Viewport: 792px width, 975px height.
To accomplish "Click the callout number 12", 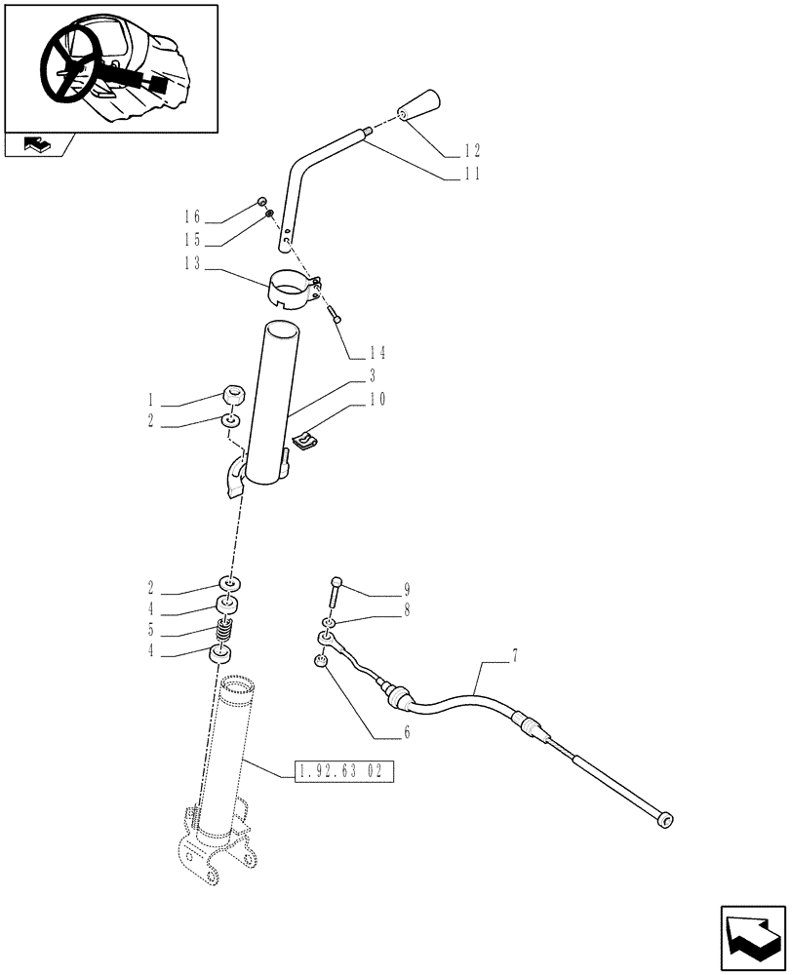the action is tap(471, 151).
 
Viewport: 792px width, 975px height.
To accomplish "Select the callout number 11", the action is tap(471, 175).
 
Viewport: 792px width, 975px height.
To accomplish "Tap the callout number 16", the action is tap(193, 216).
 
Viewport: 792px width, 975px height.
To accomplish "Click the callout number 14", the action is tap(377, 352).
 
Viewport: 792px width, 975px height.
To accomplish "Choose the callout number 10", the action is tap(377, 399).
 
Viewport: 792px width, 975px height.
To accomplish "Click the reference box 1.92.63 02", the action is tap(342, 772).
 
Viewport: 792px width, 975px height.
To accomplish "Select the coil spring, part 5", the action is tap(226, 632).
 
